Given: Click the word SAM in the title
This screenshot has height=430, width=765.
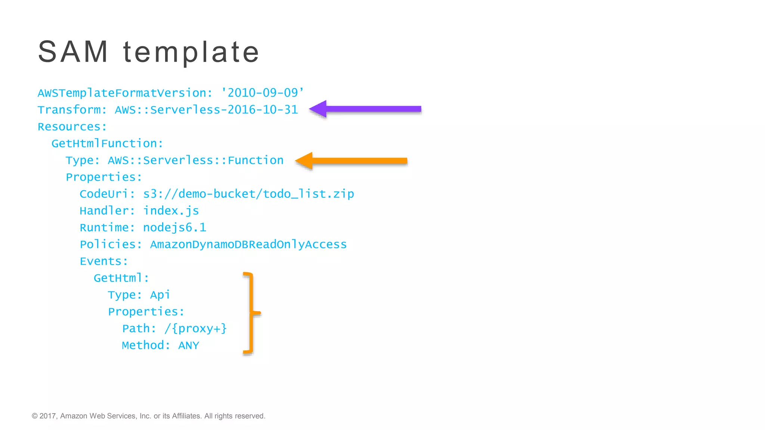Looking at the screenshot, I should point(73,52).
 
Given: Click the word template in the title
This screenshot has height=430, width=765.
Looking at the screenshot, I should point(191,52).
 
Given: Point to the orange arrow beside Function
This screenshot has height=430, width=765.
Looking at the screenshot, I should point(351,161).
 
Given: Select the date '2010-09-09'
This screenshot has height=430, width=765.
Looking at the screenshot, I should point(263,93).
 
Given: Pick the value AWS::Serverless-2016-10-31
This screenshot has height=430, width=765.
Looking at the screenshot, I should point(206,110).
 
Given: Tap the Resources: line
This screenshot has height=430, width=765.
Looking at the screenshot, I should point(72,127).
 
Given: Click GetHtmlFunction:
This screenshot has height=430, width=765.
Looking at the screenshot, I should point(107,143).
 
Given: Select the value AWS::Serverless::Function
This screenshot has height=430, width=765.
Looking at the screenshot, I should point(195,160).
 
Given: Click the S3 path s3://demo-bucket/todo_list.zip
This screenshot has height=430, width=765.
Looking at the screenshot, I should point(248,194).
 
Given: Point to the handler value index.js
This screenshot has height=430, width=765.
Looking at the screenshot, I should point(171,211).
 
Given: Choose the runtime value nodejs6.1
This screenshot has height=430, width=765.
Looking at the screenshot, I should point(174,228).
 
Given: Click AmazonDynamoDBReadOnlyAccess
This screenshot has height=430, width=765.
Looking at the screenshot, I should point(248,244).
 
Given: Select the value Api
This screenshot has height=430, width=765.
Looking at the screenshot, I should point(160,295).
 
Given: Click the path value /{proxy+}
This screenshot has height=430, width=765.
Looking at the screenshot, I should point(195,328).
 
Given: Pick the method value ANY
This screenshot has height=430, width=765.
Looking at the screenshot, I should point(189,346).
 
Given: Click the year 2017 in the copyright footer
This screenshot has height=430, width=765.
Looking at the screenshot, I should point(47,416).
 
